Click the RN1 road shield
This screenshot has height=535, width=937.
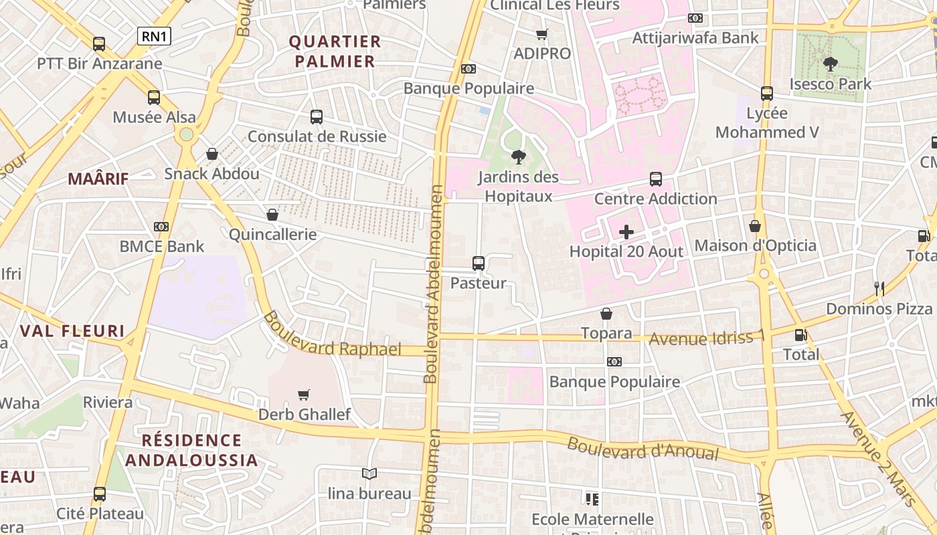pos(154,36)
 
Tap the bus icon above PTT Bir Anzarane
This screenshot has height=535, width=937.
pos(99,44)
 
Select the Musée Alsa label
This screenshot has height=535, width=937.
pos(154,117)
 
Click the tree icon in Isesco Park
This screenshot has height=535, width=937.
pos(830,64)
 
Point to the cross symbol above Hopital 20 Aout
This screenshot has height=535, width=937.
pos(626,232)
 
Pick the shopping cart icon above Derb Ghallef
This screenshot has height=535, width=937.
pos(304,395)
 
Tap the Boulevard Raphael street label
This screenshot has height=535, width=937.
pos(333,335)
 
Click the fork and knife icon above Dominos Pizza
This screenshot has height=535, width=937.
pos(879,289)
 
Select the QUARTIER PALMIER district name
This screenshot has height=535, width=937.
pos(335,51)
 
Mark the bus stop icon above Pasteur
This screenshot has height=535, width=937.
pos(478,263)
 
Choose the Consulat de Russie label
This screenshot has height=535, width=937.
pos(317,136)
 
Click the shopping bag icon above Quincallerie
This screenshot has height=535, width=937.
pos(272,215)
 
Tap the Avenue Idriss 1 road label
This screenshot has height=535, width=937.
pos(707,338)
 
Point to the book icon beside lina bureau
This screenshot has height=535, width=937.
pos(369,473)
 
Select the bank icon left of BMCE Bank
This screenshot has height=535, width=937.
pos(161,227)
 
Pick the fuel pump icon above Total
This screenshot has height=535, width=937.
pos(800,335)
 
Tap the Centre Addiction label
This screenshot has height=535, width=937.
pos(656,199)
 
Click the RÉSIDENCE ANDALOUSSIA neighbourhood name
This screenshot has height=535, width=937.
pos(191,450)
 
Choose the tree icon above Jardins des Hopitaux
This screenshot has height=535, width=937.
pos(518,157)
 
